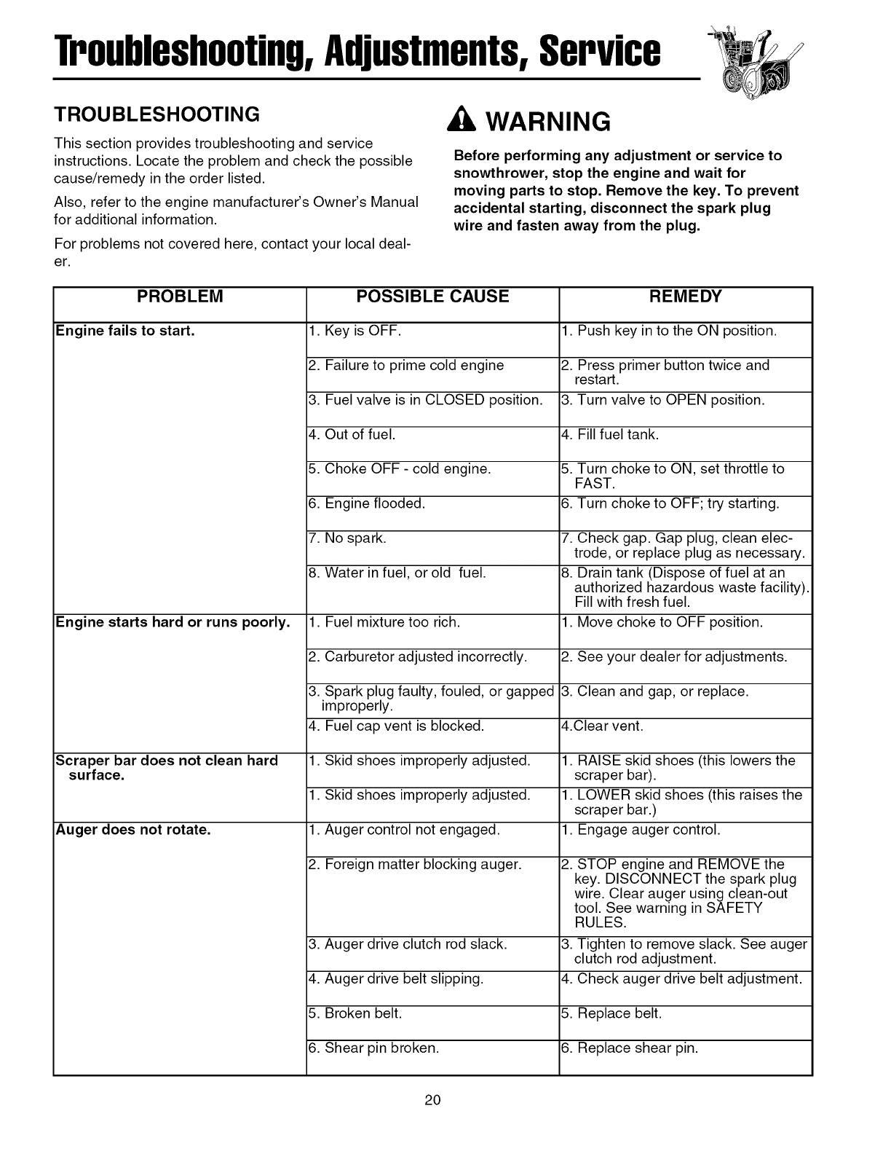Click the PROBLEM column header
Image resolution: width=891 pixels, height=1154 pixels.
180,297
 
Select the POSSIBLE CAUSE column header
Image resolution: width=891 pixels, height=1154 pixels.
432,297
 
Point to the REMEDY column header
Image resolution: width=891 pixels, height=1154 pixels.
685,297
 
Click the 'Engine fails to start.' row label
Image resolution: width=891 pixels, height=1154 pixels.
126,331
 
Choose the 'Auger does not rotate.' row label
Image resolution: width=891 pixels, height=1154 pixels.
134,830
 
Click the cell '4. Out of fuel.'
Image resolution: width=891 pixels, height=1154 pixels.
352,435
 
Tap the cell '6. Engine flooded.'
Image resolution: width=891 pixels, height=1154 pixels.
367,504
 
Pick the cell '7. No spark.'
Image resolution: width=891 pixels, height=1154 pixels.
348,538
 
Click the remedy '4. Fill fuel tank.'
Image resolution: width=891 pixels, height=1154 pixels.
610,435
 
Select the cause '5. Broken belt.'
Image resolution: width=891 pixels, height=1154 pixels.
355,1013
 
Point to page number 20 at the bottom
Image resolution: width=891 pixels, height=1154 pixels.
433,1100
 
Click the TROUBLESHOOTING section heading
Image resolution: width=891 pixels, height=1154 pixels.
157,115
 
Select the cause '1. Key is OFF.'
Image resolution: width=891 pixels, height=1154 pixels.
355,331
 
